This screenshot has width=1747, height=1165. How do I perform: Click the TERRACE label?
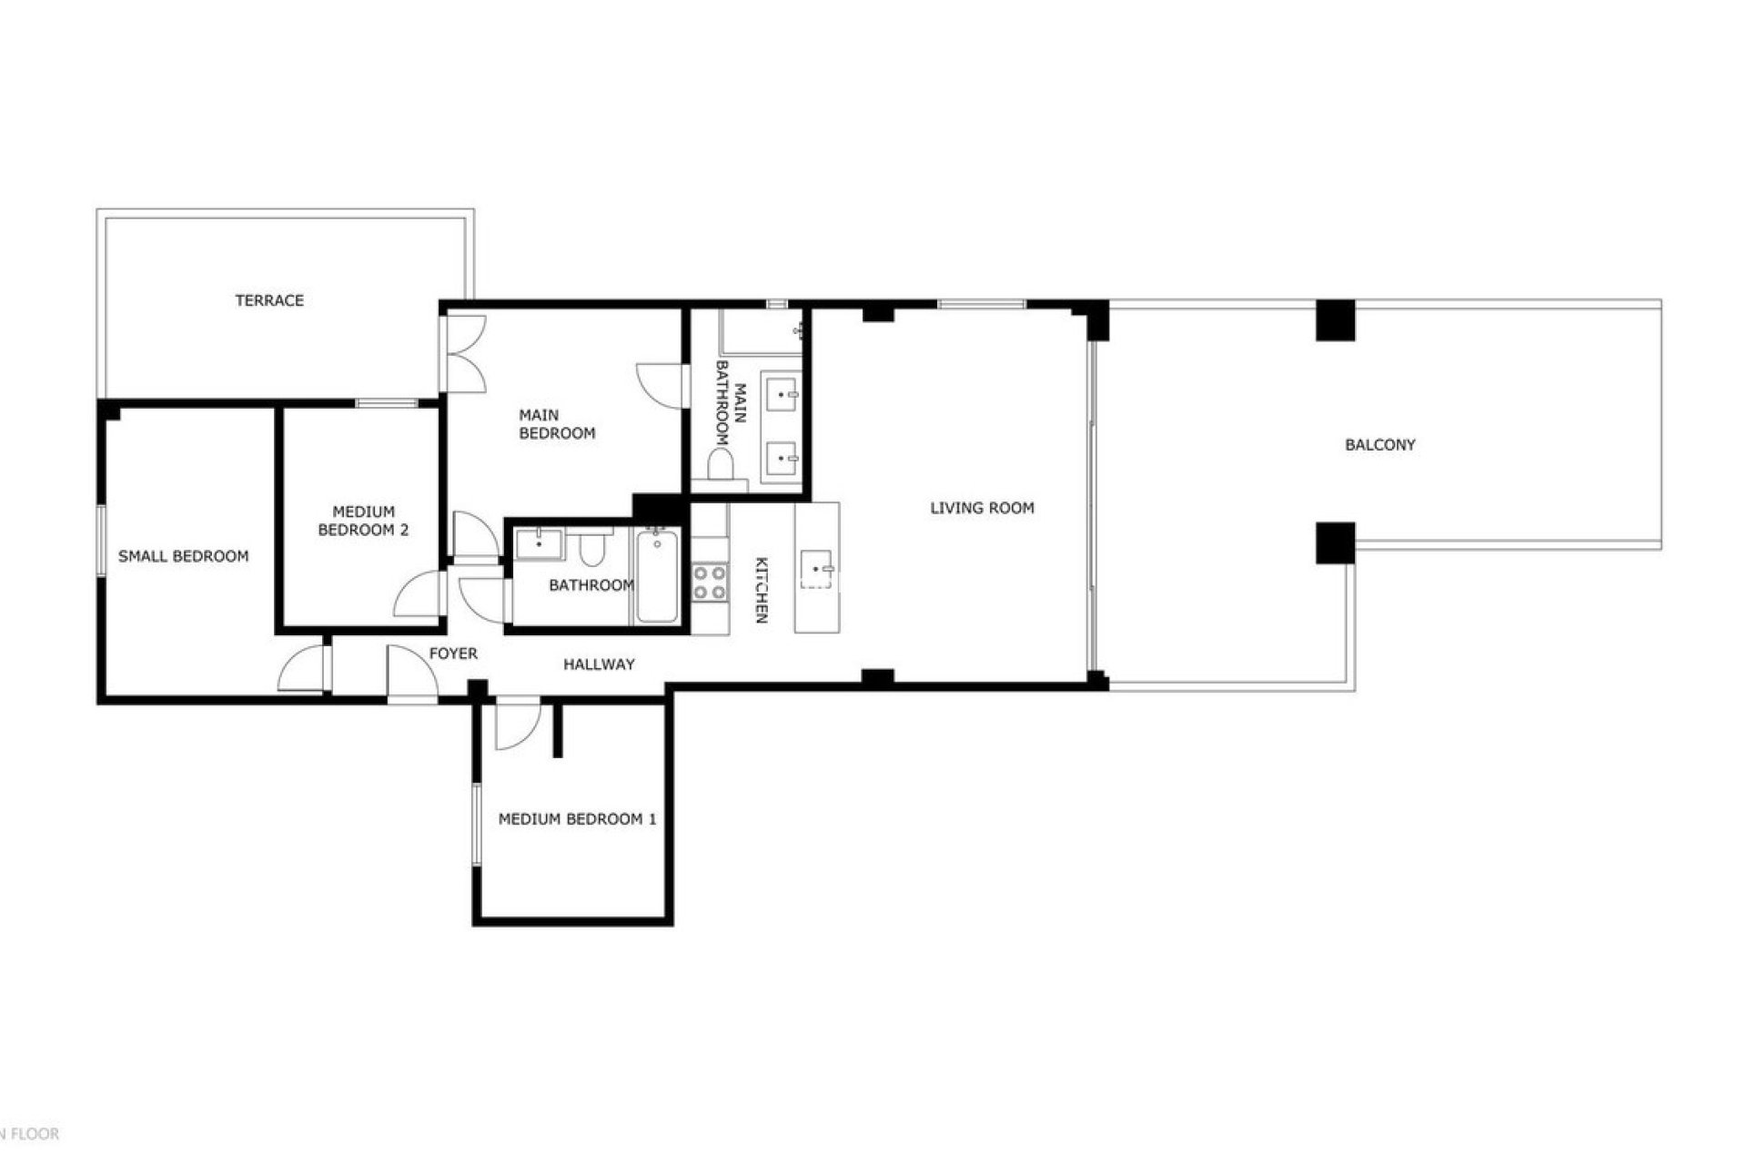tap(269, 300)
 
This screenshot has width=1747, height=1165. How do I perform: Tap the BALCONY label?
tap(1379, 445)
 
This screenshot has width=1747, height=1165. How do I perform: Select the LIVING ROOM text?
tap(982, 508)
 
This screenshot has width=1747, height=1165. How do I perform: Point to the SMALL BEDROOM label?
tap(183, 556)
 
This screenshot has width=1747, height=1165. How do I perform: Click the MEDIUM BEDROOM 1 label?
tap(577, 819)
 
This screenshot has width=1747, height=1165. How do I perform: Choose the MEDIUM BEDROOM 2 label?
tap(363, 521)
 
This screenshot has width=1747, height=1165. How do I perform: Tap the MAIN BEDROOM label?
tap(557, 425)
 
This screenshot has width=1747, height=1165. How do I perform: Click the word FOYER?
tap(453, 653)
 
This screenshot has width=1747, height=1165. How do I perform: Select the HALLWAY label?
tap(599, 664)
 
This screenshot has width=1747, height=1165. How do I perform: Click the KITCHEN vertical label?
tap(762, 590)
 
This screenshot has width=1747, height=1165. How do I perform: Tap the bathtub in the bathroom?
tap(656, 577)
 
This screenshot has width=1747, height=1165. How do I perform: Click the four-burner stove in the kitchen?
tap(710, 582)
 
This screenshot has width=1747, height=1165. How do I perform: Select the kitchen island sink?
tap(816, 570)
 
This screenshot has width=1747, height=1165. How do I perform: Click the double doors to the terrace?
tap(464, 353)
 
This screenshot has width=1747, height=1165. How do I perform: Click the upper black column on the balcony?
tap(1335, 320)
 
